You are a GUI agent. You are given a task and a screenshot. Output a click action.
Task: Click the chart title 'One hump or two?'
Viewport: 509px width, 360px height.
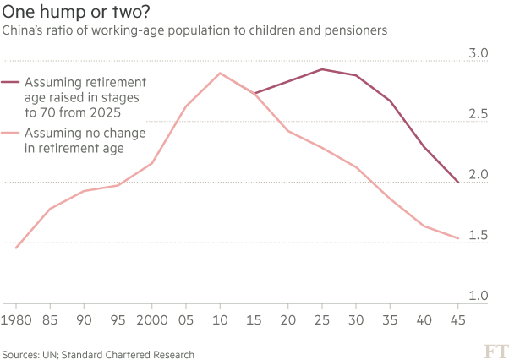point(76,12)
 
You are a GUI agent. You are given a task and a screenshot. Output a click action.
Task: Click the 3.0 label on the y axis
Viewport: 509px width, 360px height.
point(479,53)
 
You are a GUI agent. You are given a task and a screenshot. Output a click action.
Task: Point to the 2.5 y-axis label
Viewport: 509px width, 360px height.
point(479,114)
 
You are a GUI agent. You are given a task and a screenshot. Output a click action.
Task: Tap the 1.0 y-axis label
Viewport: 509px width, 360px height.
point(479,296)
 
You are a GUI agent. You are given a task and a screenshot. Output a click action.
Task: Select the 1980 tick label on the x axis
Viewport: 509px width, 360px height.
point(16,320)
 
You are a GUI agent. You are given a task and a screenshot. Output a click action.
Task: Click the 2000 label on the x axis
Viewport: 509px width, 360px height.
point(152,320)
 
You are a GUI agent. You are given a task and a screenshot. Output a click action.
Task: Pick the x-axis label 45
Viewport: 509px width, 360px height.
point(458,320)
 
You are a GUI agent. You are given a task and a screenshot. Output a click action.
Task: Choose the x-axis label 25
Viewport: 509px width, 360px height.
point(322,320)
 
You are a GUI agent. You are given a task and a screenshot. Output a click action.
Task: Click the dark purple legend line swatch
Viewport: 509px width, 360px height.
point(10,82)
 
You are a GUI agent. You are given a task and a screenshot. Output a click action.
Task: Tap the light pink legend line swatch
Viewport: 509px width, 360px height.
point(10,133)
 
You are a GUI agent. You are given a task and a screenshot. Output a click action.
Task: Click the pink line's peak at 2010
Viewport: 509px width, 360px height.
point(220,74)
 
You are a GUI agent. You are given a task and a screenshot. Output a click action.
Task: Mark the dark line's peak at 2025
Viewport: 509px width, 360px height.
point(322,69)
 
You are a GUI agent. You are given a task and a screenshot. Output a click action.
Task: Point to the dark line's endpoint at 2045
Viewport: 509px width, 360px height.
point(458,183)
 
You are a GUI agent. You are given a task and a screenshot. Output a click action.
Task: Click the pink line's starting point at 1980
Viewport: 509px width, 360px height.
point(16,248)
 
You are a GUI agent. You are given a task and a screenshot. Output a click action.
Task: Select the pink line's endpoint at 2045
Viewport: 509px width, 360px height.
point(458,238)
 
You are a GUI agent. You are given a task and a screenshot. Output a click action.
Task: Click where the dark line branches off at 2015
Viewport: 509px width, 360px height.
point(254,94)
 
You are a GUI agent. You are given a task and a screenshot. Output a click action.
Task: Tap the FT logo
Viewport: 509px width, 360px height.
point(496,352)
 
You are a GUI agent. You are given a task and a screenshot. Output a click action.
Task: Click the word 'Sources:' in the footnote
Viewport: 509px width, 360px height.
point(21,354)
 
